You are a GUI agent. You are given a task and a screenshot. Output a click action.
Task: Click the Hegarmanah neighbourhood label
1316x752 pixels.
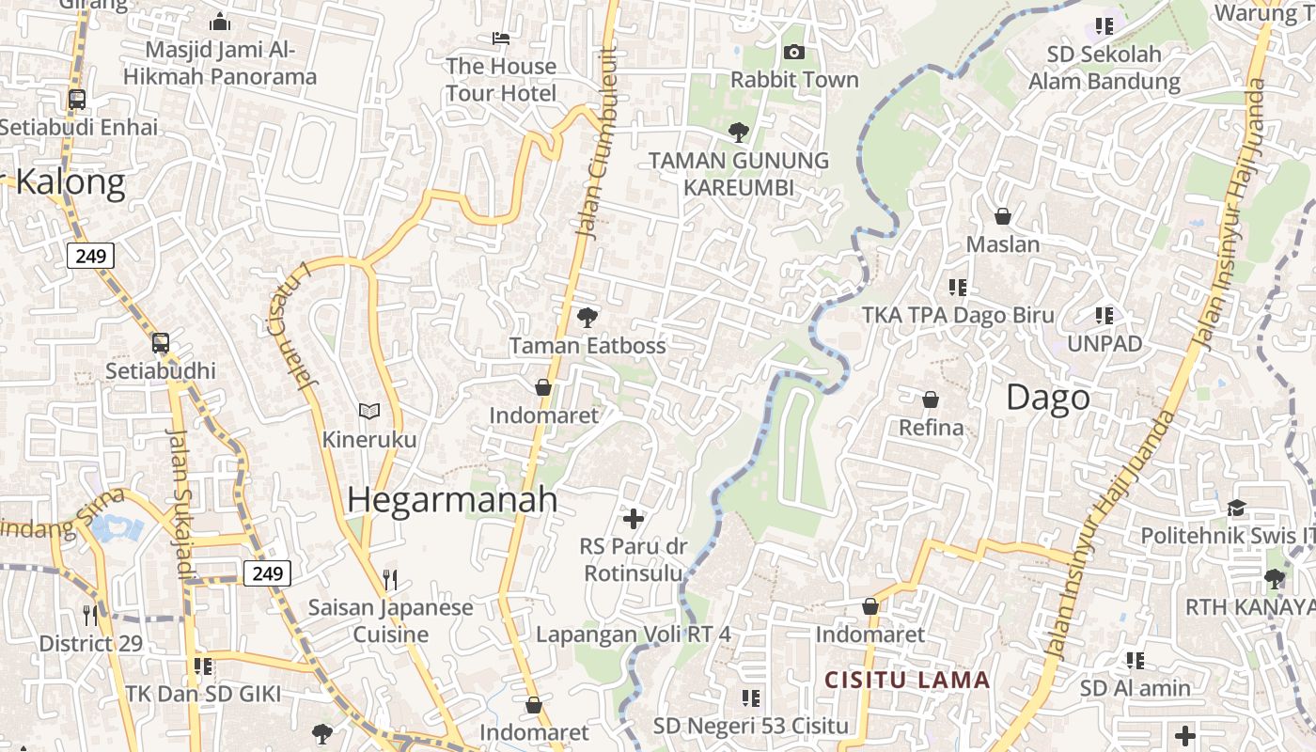click(x=452, y=500)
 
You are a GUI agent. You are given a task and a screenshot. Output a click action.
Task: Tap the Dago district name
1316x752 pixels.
click(x=1048, y=398)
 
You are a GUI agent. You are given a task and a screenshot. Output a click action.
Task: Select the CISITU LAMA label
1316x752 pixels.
click(x=907, y=680)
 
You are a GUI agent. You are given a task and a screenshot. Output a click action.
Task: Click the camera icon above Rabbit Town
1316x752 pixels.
click(x=794, y=52)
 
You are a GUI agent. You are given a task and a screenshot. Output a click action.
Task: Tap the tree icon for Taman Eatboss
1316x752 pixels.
click(x=587, y=318)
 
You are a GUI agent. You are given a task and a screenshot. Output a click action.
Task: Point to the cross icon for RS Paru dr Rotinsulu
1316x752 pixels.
click(x=634, y=518)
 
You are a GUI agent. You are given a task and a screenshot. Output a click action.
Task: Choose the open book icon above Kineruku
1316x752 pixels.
click(x=369, y=411)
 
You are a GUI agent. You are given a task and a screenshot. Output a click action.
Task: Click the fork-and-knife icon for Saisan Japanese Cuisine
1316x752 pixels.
click(x=390, y=579)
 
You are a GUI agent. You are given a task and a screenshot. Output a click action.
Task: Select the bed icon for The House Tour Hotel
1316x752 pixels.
click(x=501, y=39)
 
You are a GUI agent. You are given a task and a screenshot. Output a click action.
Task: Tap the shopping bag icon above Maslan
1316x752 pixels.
click(x=1003, y=216)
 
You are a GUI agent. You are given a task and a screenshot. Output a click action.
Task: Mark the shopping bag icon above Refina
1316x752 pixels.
click(x=931, y=399)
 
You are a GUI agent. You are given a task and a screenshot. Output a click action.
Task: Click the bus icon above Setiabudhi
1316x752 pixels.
click(x=161, y=343)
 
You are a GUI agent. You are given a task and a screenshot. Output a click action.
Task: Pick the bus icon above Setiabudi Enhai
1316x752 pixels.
click(x=77, y=99)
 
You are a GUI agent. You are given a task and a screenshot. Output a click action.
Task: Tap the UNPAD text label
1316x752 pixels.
click(x=1104, y=344)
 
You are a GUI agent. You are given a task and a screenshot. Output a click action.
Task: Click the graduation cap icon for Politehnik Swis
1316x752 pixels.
click(x=1236, y=508)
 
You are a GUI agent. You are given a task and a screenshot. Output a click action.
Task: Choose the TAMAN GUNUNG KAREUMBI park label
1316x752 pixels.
click(x=739, y=174)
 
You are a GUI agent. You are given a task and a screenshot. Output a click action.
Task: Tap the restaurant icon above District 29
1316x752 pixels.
click(x=90, y=616)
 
